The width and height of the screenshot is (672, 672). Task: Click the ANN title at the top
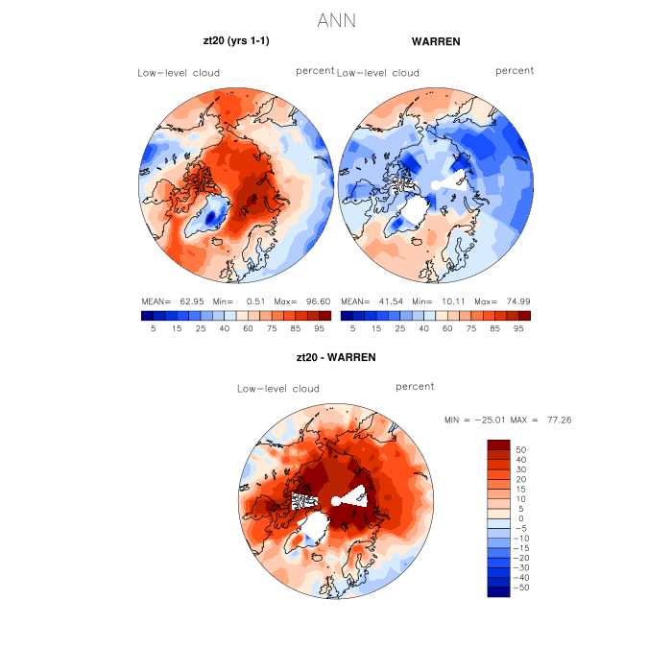tap(336, 20)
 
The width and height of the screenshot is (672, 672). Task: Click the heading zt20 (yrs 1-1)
tap(236, 41)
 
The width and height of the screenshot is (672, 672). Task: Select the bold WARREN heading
tap(436, 41)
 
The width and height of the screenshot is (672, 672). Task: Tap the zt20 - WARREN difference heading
tap(336, 357)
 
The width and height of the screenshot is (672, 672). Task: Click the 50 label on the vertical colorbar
tap(521, 449)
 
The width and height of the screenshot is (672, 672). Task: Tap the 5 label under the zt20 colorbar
tap(154, 328)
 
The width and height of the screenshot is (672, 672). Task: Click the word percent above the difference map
tap(415, 387)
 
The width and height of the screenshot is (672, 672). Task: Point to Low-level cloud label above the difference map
tap(278, 389)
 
